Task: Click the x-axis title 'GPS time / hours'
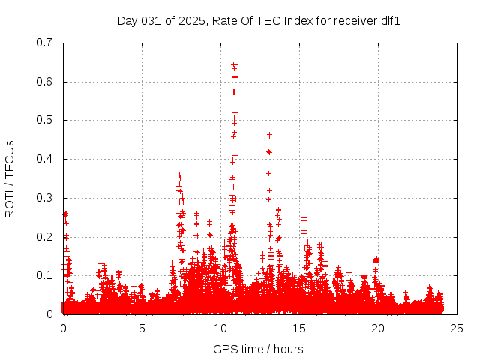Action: click(x=258, y=349)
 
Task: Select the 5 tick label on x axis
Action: click(x=142, y=328)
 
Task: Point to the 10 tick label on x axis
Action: click(x=220, y=328)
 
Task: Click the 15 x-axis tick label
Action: click(x=299, y=328)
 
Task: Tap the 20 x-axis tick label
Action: click(x=378, y=328)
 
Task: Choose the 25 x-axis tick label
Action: click(x=457, y=328)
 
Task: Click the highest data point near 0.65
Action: click(x=234, y=64)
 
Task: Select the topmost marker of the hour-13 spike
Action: click(x=269, y=135)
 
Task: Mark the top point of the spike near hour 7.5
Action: click(x=179, y=175)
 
